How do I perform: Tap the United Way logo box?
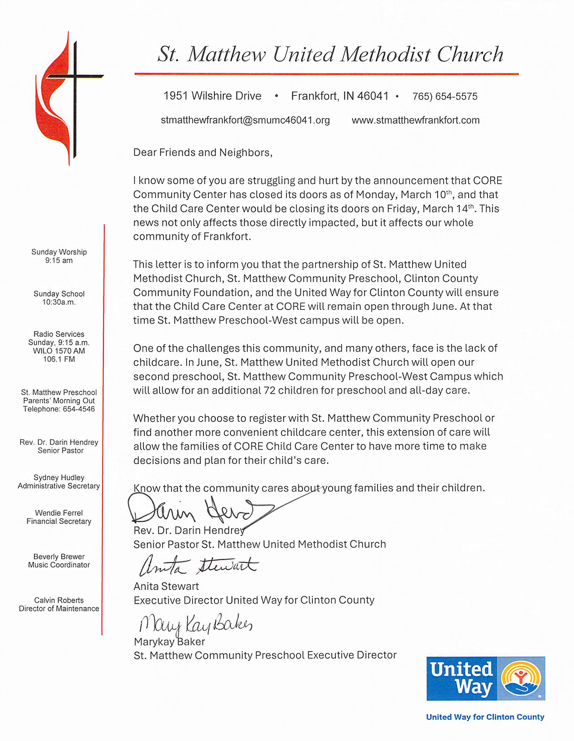pyautogui.click(x=485, y=679)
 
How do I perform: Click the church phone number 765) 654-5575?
pyautogui.click(x=445, y=96)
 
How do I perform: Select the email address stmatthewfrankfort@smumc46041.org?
pyautogui.click(x=245, y=120)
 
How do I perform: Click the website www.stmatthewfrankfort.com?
pyautogui.click(x=415, y=120)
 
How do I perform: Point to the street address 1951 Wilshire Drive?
pyautogui.click(x=212, y=96)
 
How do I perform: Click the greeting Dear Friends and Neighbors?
pyautogui.click(x=203, y=153)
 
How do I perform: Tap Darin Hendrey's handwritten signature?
pyautogui.click(x=196, y=510)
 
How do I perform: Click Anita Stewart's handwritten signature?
pyautogui.click(x=197, y=566)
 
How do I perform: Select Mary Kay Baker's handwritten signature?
pyautogui.click(x=195, y=624)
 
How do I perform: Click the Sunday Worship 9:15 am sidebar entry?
pyautogui.click(x=59, y=256)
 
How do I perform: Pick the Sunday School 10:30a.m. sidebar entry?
pyautogui.click(x=59, y=298)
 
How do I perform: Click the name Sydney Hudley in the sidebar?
pyautogui.click(x=59, y=478)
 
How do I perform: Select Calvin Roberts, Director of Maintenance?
pyautogui.click(x=59, y=604)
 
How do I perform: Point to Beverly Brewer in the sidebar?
pyautogui.click(x=59, y=557)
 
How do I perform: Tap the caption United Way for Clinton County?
pyautogui.click(x=485, y=717)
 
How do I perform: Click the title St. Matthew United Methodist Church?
pyautogui.click(x=330, y=55)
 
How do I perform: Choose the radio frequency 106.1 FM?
pyautogui.click(x=59, y=359)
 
